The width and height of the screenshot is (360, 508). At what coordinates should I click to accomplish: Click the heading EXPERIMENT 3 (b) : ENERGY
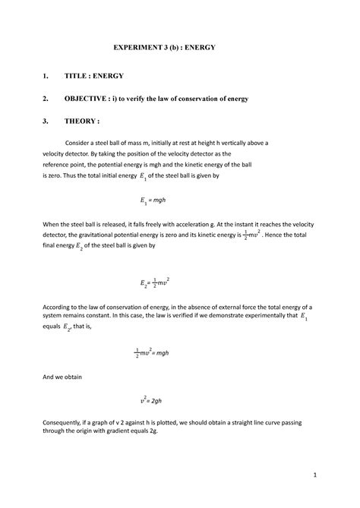[x=179, y=47]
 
